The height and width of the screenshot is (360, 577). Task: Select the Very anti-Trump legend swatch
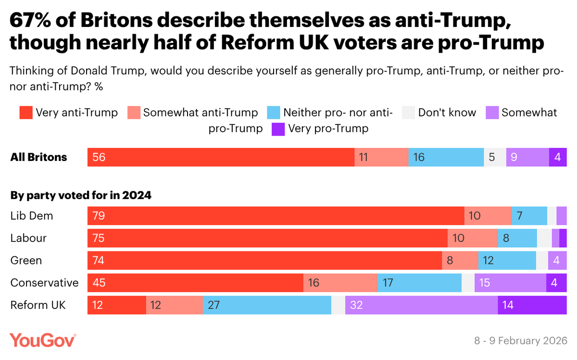tap(26, 113)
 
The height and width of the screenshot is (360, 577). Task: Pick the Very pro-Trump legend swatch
tap(278, 129)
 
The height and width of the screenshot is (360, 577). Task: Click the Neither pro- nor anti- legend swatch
tap(274, 113)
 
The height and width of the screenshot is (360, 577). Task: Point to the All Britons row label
tap(39, 157)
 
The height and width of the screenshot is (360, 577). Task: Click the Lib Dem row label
tap(32, 216)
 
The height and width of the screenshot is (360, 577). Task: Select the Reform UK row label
tap(38, 305)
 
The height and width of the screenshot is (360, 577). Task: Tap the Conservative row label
tap(44, 283)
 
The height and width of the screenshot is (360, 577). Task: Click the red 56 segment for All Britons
tap(221, 157)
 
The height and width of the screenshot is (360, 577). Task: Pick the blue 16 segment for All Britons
tap(446, 157)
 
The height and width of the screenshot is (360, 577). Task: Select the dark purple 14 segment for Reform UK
tap(532, 305)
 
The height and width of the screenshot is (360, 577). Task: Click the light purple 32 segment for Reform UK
tap(421, 305)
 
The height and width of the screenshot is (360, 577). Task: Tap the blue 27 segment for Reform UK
tap(267, 305)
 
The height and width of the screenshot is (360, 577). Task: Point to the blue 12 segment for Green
tap(507, 261)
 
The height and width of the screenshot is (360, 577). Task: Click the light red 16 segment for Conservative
tap(340, 283)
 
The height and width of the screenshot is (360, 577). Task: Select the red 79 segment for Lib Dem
tap(276, 216)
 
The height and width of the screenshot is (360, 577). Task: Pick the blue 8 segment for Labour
tap(517, 238)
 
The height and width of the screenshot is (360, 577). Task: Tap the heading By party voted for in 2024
tap(81, 196)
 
